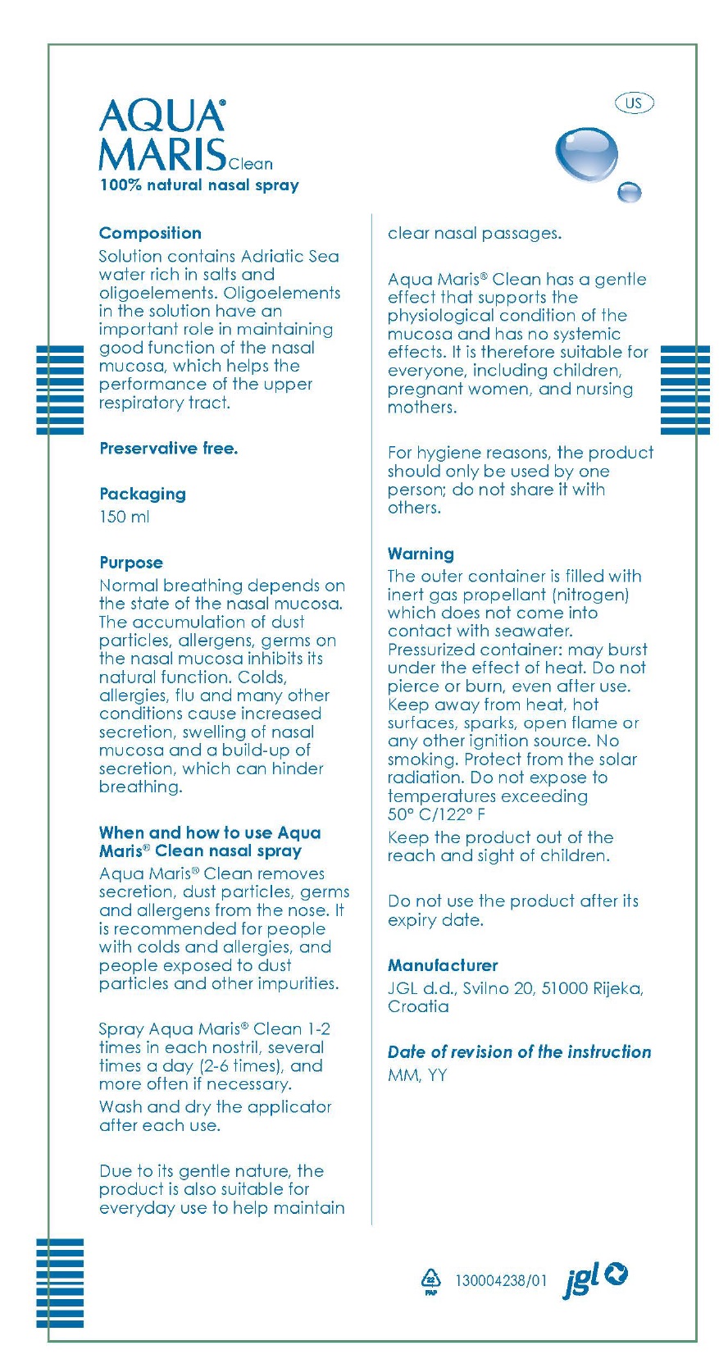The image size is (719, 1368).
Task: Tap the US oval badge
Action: (x=634, y=103)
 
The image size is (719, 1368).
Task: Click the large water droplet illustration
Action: (x=585, y=153)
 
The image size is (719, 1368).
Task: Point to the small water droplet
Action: (x=629, y=192)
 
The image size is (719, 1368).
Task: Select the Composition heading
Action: (x=150, y=233)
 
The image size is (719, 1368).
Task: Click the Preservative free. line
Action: (x=168, y=448)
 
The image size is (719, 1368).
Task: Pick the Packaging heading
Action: (x=143, y=494)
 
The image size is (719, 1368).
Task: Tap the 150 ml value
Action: (x=125, y=517)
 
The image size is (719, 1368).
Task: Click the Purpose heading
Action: (x=131, y=563)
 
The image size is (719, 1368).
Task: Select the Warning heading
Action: (x=421, y=554)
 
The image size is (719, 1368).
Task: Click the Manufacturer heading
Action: (x=443, y=965)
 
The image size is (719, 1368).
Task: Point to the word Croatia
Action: (x=418, y=1006)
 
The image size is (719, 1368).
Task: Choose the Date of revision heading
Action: (x=519, y=1052)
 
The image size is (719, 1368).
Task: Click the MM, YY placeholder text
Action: (x=417, y=1075)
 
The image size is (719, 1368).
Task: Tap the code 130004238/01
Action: (x=501, y=1280)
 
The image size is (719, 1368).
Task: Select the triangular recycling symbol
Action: (x=430, y=1280)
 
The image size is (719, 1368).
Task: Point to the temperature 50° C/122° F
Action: (x=437, y=814)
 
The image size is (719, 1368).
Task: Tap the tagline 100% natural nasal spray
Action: (x=199, y=185)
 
